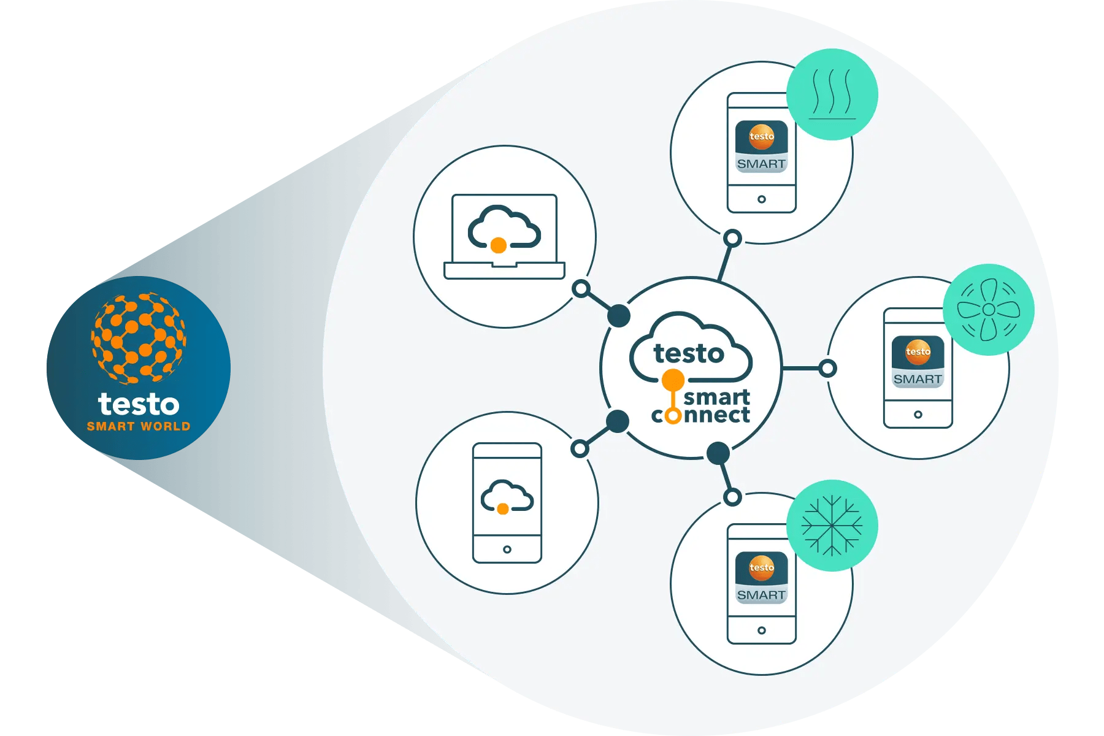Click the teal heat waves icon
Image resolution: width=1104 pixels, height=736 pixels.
pos(832,94)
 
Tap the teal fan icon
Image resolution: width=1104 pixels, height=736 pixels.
pos(988,310)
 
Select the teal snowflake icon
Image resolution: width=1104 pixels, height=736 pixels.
pos(832,526)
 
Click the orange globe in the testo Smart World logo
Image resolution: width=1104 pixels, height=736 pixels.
pos(139,337)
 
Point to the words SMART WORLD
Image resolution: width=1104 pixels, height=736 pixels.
pos(139,426)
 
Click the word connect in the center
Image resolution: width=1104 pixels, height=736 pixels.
pos(700,415)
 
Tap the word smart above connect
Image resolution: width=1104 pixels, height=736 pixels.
pos(716,397)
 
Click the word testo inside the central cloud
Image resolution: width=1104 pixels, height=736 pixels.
pos(689,354)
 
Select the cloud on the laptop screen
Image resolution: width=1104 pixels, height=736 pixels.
pos(504,227)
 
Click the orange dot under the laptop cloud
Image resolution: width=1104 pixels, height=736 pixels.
pos(499,245)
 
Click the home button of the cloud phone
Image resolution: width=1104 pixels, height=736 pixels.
pos(507,549)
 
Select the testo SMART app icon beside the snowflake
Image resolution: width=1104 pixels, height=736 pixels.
pos(761,577)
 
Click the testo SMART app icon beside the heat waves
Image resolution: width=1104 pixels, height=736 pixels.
pos(761,147)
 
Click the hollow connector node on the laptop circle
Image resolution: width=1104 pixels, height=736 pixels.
pos(581,288)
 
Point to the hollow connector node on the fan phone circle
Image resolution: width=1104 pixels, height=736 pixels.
pos(827,369)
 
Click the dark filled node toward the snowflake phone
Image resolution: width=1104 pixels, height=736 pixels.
pos(718,453)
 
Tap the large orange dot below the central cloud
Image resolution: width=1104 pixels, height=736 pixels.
pos(673,380)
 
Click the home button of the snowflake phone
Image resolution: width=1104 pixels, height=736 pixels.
pos(761,630)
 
